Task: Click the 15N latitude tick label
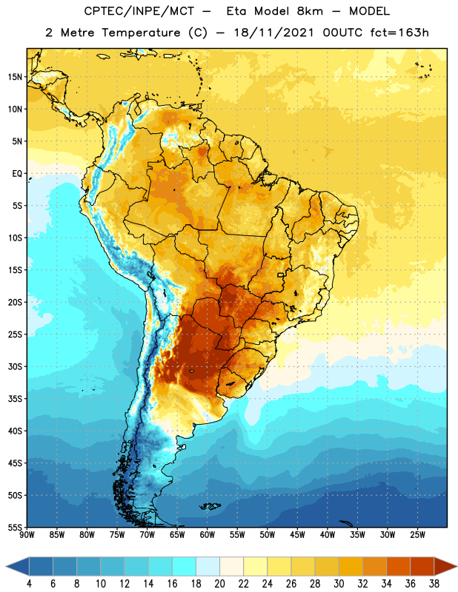[x=15, y=77]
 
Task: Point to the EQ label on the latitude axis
[x=17, y=174]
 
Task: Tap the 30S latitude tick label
[x=15, y=366]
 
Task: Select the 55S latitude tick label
[x=15, y=527]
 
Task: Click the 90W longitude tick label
[x=27, y=535]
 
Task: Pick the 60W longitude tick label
[x=208, y=535]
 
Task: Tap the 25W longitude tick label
[x=417, y=535]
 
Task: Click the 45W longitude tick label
[x=297, y=535]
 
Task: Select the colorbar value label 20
[x=219, y=584]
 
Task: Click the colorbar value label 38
[x=434, y=584]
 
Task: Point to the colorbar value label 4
[x=29, y=584]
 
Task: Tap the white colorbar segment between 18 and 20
[x=208, y=566]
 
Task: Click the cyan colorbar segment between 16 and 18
[x=185, y=566]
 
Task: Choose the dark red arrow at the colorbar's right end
[x=445, y=566]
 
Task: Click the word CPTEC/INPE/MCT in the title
[x=139, y=11]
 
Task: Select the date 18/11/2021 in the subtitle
[x=273, y=33]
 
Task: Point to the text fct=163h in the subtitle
[x=399, y=33]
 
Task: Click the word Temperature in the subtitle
[x=141, y=33]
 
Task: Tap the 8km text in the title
[x=310, y=11]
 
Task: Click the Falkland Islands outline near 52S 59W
[x=210, y=506]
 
